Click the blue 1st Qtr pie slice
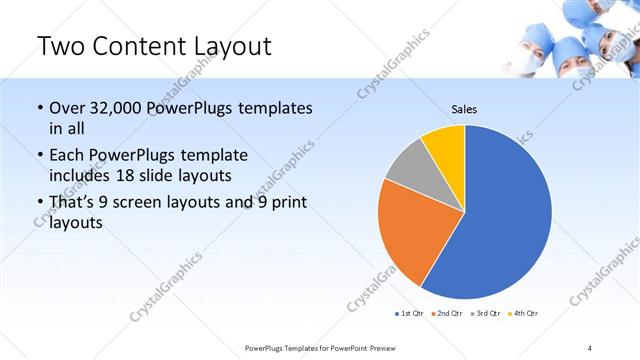(x=500, y=220)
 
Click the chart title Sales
(x=464, y=109)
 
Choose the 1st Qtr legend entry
(x=409, y=314)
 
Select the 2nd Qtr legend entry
(x=445, y=314)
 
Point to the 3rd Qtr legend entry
(x=485, y=314)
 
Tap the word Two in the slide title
(x=62, y=47)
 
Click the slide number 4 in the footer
(x=590, y=347)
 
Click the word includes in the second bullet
(x=82, y=176)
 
